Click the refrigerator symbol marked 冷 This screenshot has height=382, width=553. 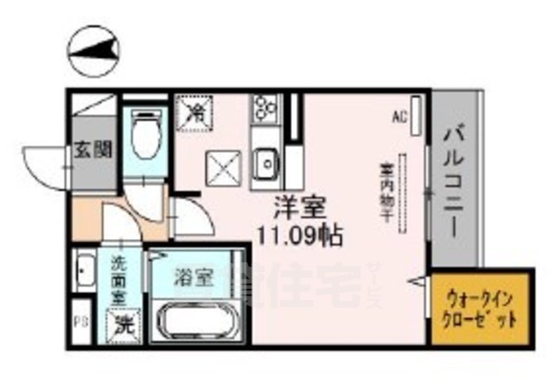click(197, 110)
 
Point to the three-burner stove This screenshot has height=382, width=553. click(264, 110)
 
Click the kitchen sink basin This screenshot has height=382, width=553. click(266, 161)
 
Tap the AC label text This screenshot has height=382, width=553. click(399, 115)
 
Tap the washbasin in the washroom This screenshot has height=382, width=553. click(84, 274)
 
